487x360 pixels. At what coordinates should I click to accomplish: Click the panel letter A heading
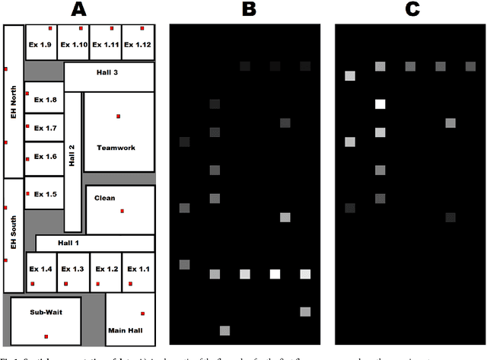coord(79,10)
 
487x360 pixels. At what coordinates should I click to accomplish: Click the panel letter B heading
coord(249,10)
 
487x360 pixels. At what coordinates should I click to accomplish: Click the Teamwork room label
coord(116,148)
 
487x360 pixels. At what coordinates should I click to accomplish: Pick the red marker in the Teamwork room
coord(118,116)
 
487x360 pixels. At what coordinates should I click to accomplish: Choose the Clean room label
coord(104,199)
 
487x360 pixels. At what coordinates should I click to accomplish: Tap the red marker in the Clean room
coord(122,212)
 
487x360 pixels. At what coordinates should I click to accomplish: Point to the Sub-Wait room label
coord(45,312)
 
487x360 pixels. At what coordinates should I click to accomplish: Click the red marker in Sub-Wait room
coord(46,336)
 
